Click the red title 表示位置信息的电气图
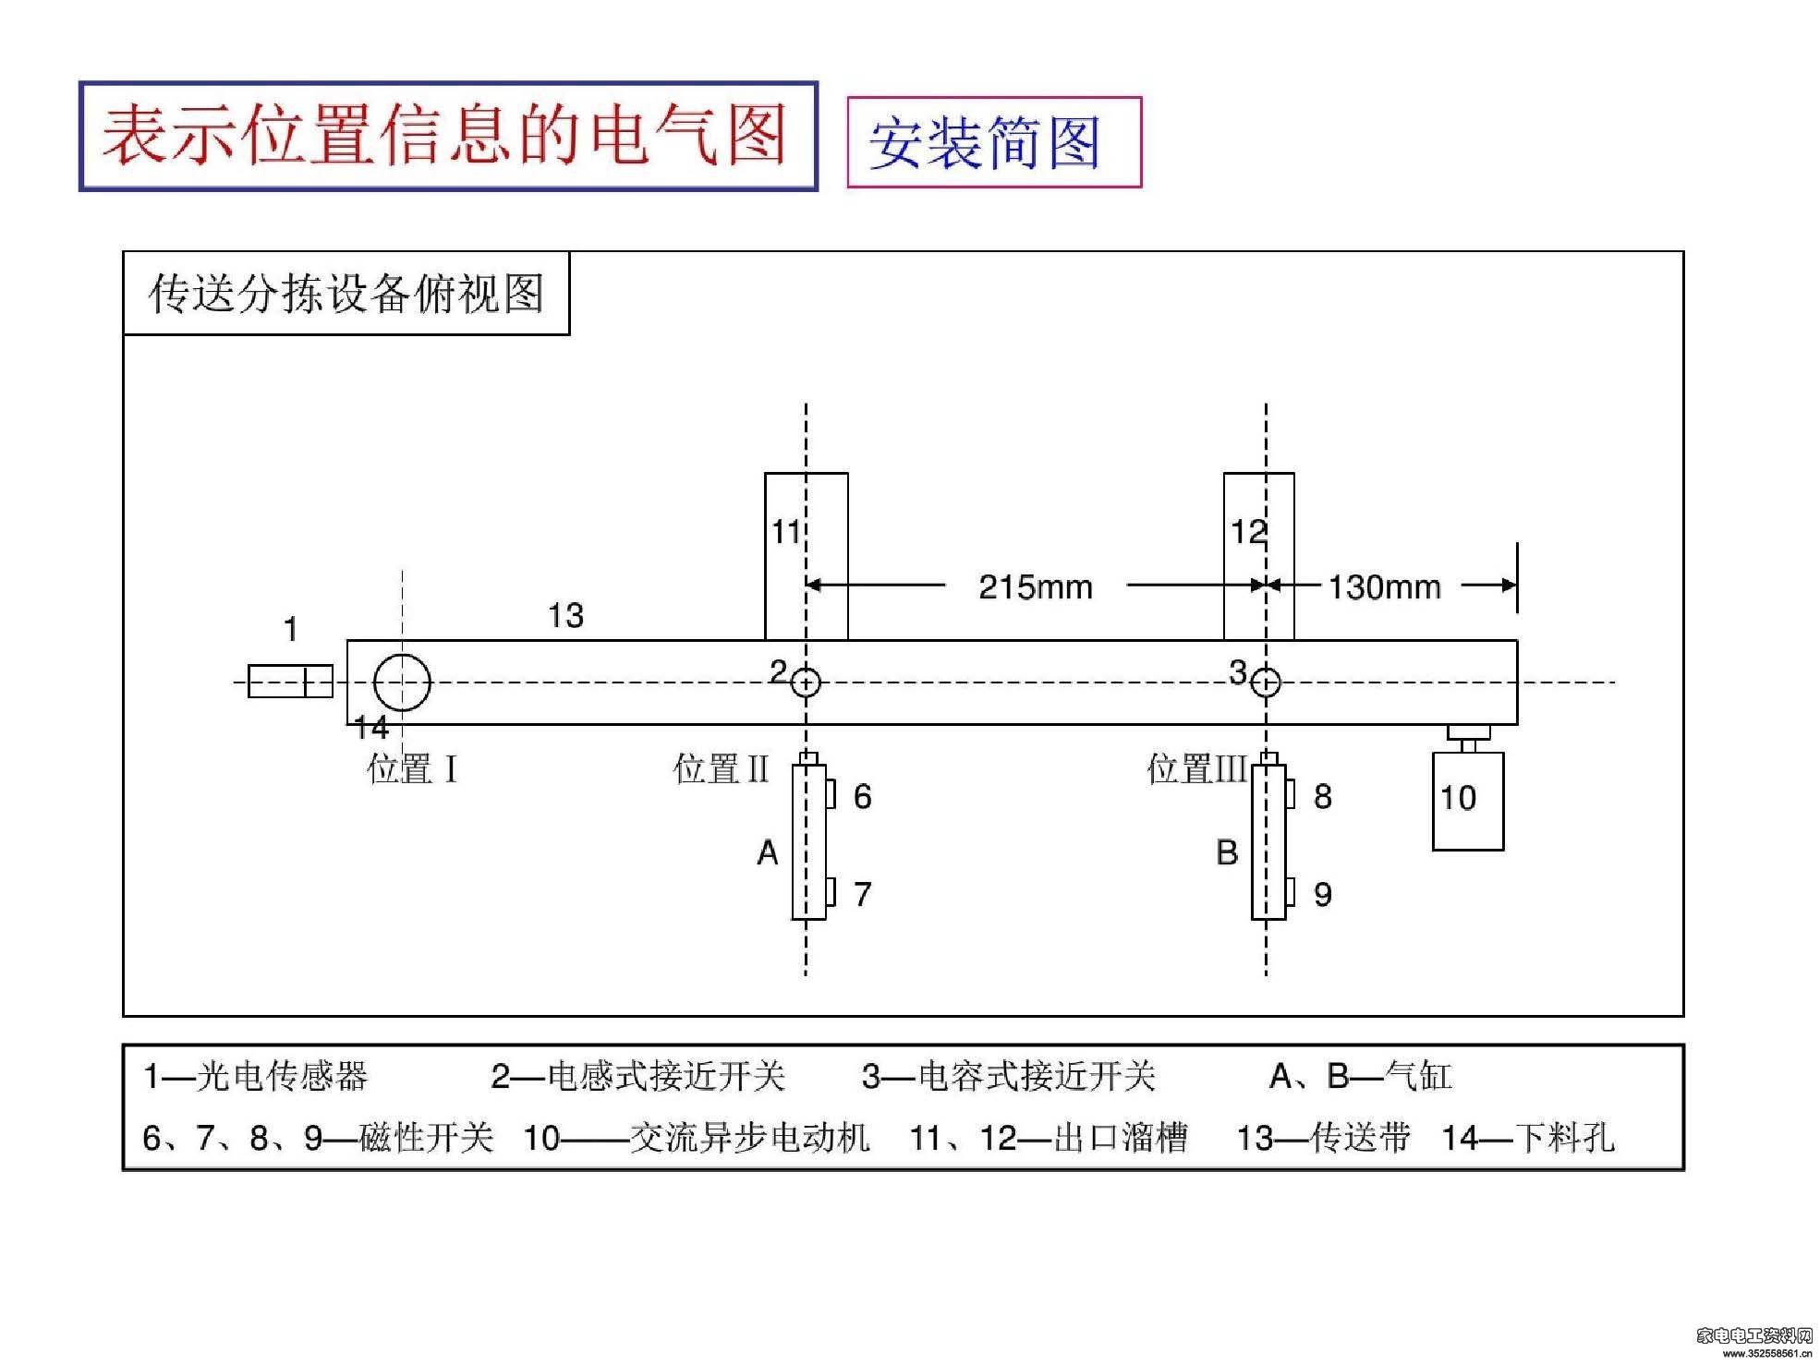(444, 135)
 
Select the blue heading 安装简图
(985, 143)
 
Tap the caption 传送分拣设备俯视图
(346, 294)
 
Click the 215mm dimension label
(1036, 586)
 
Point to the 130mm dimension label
(1384, 586)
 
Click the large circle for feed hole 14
(402, 655)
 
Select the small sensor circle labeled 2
(806, 670)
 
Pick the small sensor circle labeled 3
(1266, 670)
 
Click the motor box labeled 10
(1468, 801)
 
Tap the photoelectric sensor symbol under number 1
(290, 682)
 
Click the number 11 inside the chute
(785, 532)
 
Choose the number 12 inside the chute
(1248, 532)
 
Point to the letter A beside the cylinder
(768, 852)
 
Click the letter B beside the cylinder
(1227, 852)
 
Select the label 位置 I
(412, 768)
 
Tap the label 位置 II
(722, 768)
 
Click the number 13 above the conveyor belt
(565, 616)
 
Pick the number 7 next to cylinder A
(863, 894)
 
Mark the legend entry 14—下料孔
(1528, 1138)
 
